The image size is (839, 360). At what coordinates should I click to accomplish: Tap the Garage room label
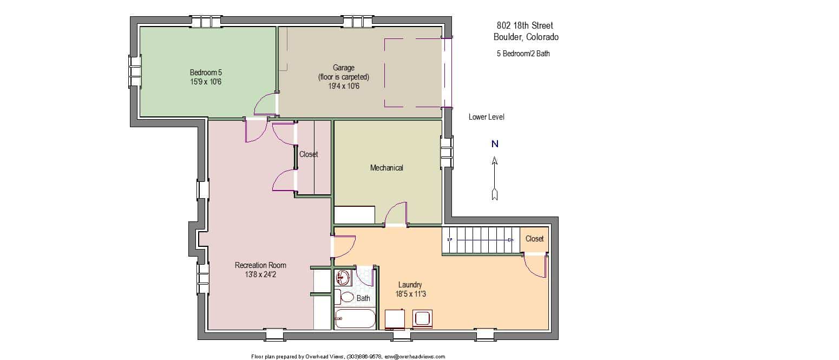[x=344, y=68]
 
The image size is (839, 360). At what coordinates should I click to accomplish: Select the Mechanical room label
[x=386, y=168]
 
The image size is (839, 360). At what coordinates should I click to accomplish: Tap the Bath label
[x=363, y=298]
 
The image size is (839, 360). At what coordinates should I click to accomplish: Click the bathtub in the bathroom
[x=355, y=319]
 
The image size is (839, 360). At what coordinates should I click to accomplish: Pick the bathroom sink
[x=343, y=278]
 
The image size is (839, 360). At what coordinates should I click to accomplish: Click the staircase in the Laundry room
[x=481, y=240]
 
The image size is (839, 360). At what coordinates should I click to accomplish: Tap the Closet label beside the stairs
[x=534, y=239]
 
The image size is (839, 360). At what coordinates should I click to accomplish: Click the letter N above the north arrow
[x=495, y=144]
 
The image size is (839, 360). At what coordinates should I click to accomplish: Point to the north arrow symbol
[x=495, y=178]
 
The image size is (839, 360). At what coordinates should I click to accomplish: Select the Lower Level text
[x=486, y=117]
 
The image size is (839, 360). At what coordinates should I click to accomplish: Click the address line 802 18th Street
[x=525, y=25]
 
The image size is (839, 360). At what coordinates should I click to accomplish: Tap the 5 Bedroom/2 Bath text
[x=523, y=54]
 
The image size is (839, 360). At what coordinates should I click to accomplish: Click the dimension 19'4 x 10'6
[x=344, y=86]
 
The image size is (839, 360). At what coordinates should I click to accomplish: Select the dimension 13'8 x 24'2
[x=260, y=274]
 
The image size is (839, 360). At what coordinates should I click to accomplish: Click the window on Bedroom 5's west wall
[x=135, y=71]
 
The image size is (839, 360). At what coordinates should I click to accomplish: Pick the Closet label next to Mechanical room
[x=308, y=154]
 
